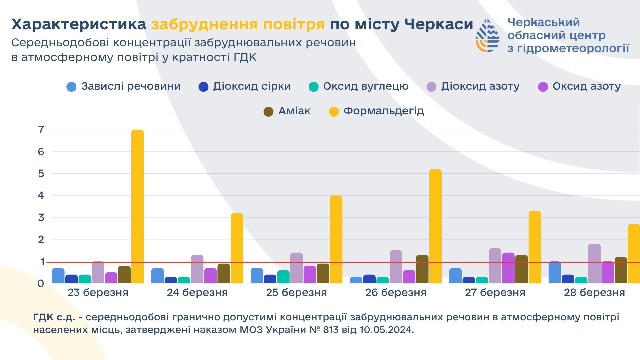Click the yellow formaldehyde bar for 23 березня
pos(137,207)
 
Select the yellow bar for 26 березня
pos(435,227)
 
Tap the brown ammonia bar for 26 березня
pos(422,269)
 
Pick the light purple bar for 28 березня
pos(594,264)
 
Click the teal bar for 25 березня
pos(283,277)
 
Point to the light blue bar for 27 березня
pos(455,276)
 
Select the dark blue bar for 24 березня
pos(171,280)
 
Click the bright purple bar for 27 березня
pos(508,268)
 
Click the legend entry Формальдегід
pos(383,111)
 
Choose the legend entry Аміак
pos(294,111)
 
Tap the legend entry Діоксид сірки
pos(252,86)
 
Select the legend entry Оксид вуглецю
pos(365,86)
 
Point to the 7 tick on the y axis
pos(41,130)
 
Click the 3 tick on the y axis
pos(41,218)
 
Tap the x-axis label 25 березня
pos(296,293)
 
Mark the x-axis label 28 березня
pos(594,293)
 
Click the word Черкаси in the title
pos(438,24)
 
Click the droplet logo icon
pos(487,35)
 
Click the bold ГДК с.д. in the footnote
pos(54,317)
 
